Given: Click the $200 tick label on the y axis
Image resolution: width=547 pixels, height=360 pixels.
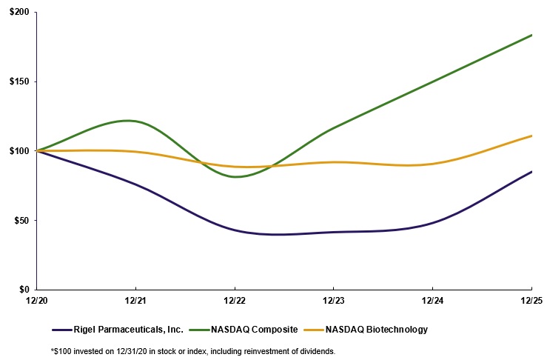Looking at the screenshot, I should tap(18, 13).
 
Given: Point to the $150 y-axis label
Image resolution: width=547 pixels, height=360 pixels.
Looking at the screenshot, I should tap(18, 81).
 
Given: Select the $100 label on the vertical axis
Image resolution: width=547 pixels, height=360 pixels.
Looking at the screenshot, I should tap(18, 151).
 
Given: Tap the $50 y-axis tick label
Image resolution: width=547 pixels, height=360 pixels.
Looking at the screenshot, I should tap(20, 220).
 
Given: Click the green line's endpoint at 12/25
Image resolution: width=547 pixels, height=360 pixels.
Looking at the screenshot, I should tap(531, 35).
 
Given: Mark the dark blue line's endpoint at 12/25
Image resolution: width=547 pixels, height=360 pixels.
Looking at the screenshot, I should tap(531, 172).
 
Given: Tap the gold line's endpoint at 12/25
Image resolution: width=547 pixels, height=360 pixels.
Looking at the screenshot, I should tap(531, 136).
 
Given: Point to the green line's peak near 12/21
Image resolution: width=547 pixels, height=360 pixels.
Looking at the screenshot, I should tap(129, 120).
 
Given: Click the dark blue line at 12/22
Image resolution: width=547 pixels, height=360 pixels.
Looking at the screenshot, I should tap(235, 230).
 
